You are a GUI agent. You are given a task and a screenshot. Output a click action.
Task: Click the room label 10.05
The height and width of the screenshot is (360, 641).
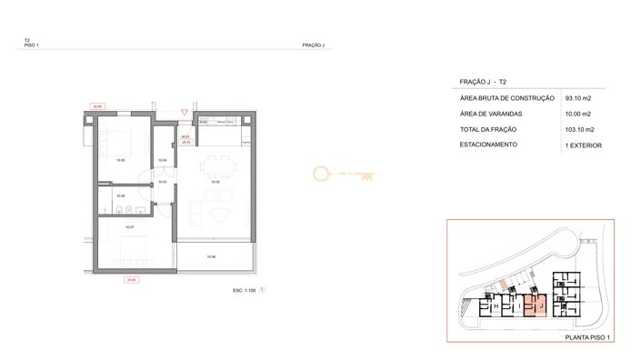click(120, 160)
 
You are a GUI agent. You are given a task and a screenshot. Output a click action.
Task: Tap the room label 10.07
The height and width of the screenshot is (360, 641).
click(130, 226)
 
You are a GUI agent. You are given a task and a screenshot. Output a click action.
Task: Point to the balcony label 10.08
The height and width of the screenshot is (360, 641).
click(211, 257)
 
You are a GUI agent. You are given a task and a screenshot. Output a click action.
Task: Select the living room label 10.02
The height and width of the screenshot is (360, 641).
click(215, 182)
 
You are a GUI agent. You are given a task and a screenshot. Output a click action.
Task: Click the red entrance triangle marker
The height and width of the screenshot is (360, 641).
click(185, 112)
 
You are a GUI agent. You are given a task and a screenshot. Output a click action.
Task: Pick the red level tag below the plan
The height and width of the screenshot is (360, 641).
click(133, 280)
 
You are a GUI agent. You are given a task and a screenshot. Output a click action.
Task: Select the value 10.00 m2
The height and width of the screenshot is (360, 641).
click(578, 114)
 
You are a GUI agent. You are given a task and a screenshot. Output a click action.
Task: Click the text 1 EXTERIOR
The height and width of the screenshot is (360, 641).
click(583, 145)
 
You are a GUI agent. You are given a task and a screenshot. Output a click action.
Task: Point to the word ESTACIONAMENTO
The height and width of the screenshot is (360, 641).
click(490, 145)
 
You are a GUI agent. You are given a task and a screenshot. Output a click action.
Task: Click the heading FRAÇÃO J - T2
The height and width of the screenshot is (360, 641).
click(484, 82)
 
